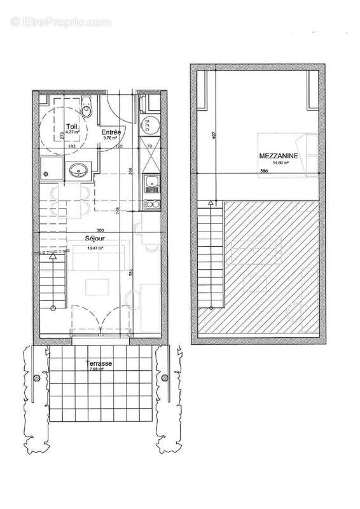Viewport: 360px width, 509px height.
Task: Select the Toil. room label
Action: tap(74, 127)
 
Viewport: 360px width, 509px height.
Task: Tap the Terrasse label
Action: tap(101, 363)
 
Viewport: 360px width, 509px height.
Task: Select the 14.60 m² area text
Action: tap(281, 164)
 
